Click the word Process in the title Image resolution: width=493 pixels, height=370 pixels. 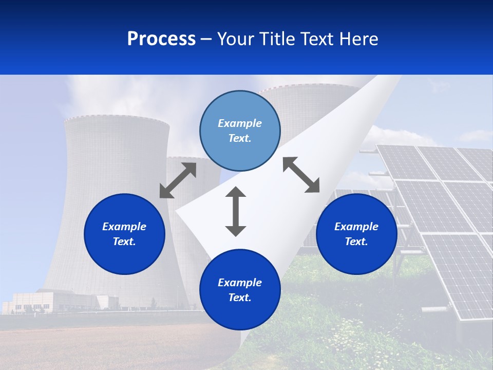tap(161, 39)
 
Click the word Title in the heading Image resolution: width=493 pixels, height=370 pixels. tap(276, 39)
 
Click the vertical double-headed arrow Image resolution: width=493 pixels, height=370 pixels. tap(236, 212)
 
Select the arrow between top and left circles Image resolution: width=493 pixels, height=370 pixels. tap(178, 180)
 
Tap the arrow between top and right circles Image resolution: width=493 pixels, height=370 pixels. tap(301, 175)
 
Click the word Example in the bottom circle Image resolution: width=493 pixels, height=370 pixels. tap(240, 283)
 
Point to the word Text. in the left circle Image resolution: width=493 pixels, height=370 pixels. tap(124, 242)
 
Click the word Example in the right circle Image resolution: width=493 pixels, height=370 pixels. tap(356, 227)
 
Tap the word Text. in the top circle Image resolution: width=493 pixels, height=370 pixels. tap(240, 138)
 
